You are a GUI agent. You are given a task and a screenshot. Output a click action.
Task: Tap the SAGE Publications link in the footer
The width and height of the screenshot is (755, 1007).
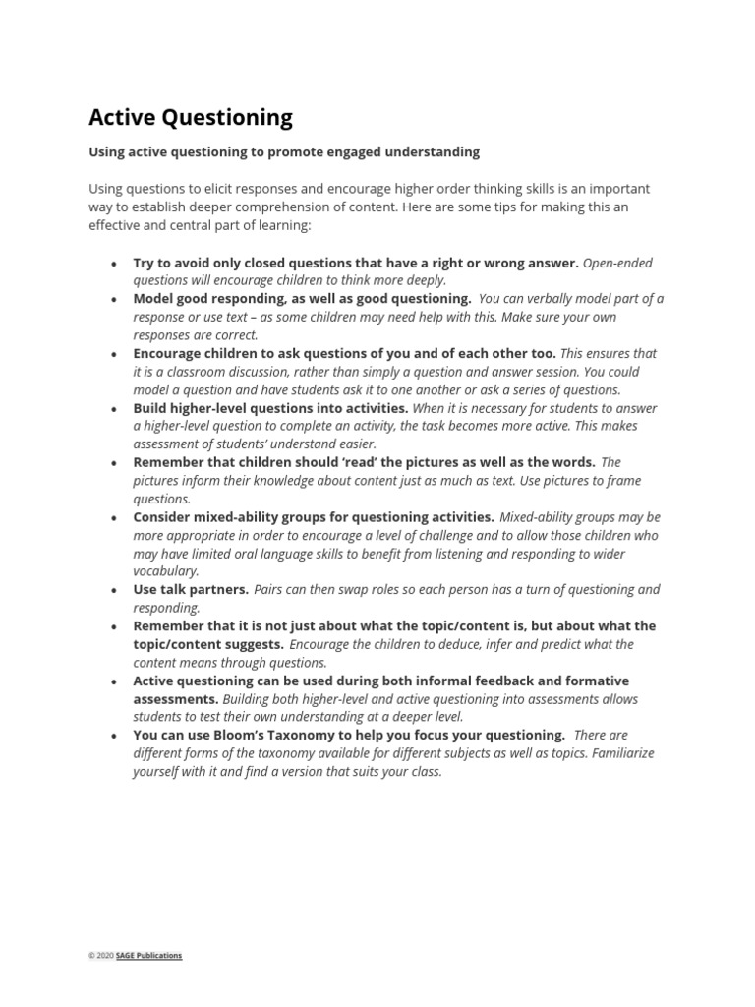pyautogui.click(x=148, y=955)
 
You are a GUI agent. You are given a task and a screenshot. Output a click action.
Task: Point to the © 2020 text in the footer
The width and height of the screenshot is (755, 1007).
pyautogui.click(x=101, y=955)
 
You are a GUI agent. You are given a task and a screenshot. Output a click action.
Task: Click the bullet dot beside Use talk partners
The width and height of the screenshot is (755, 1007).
pyautogui.click(x=115, y=591)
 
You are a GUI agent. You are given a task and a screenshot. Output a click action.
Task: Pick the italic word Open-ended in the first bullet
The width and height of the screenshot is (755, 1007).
pyautogui.click(x=617, y=263)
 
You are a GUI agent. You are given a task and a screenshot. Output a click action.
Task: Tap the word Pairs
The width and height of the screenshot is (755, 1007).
pyautogui.click(x=270, y=589)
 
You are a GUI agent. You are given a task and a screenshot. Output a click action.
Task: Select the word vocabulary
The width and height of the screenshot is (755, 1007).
pyautogui.click(x=166, y=571)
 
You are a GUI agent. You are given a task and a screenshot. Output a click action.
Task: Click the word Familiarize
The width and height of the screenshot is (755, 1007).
pyautogui.click(x=618, y=753)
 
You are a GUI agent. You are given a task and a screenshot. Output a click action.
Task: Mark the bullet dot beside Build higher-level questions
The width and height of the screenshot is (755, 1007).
pyautogui.click(x=115, y=409)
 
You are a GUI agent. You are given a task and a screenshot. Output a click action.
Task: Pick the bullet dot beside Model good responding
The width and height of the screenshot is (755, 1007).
pyautogui.click(x=115, y=300)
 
